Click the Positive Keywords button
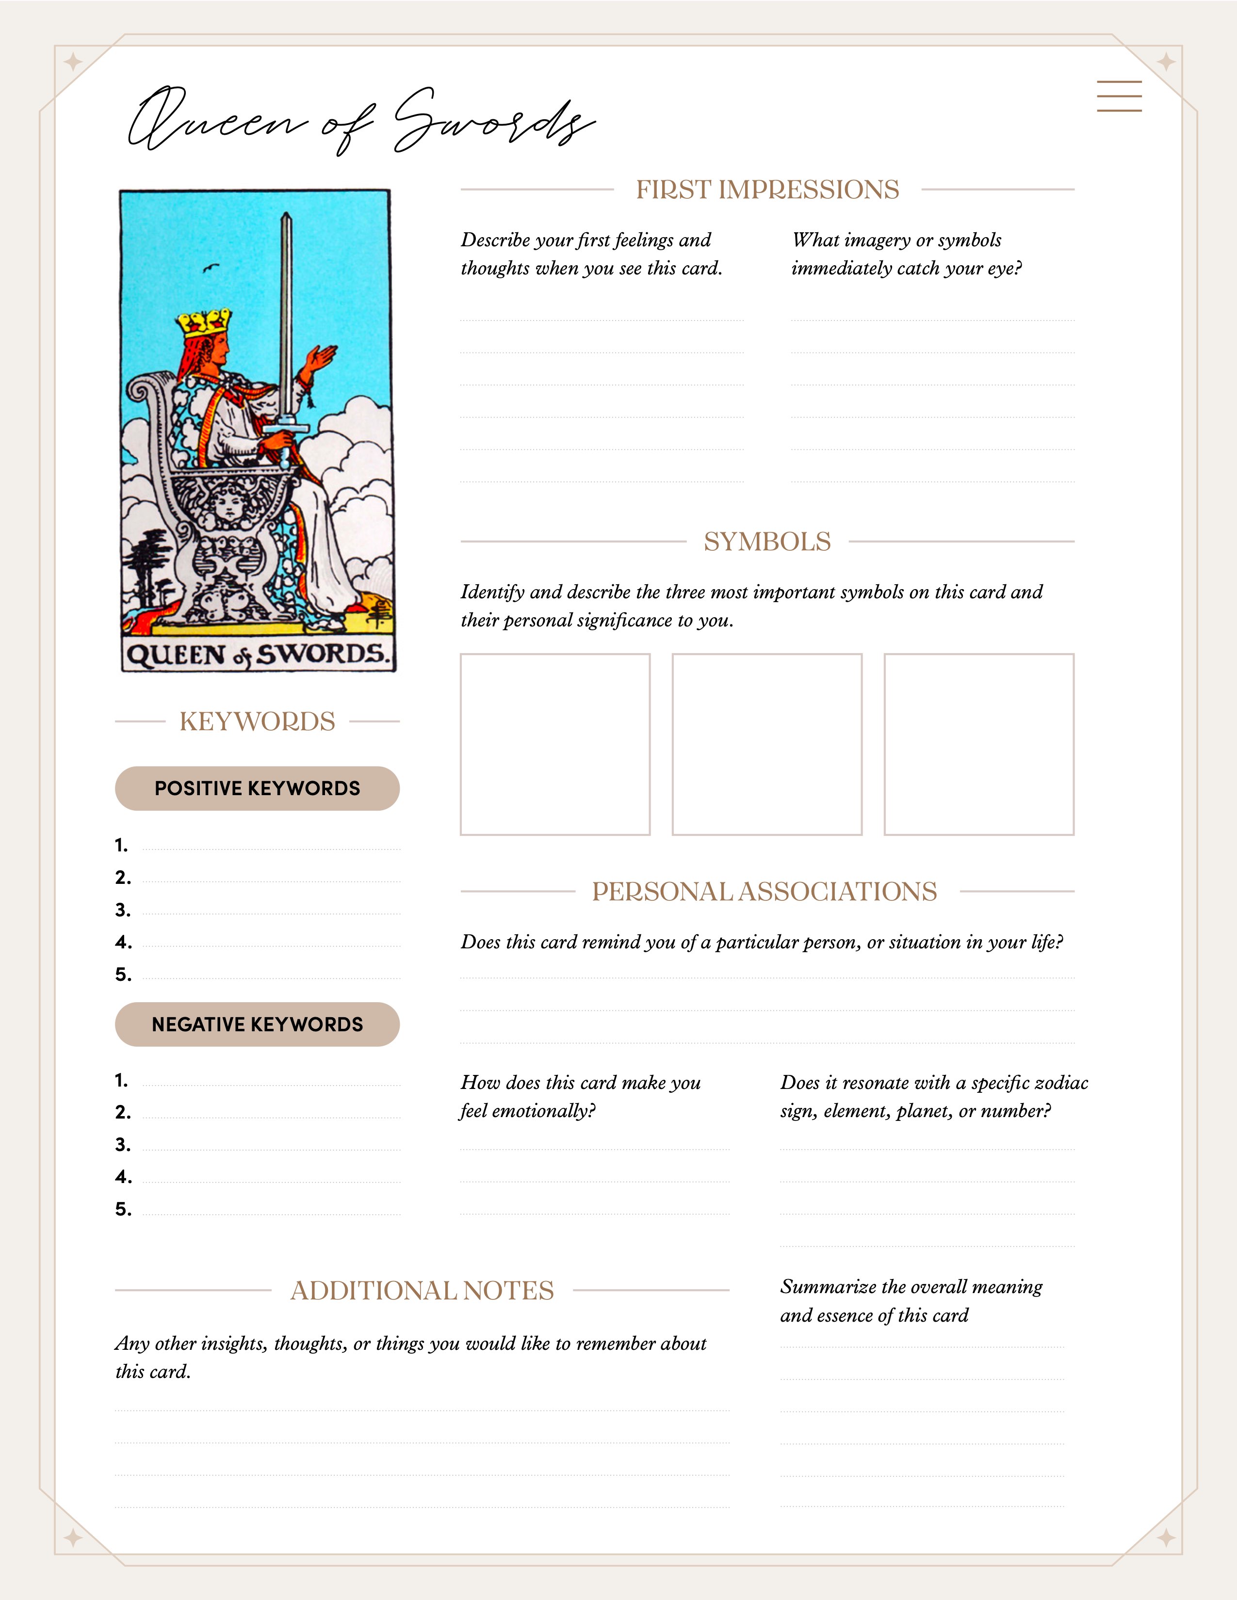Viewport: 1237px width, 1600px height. tap(257, 788)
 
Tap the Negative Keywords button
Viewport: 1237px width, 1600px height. tap(257, 1024)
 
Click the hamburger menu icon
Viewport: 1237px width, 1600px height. tap(1119, 96)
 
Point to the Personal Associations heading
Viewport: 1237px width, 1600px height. tap(765, 892)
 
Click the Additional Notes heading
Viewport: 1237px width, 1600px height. tap(422, 1290)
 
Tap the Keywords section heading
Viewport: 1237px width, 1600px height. tap(257, 721)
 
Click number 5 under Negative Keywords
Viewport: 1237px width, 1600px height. tap(123, 1209)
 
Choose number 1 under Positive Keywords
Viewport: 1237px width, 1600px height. tap(122, 846)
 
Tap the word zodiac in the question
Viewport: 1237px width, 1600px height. tap(1062, 1083)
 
